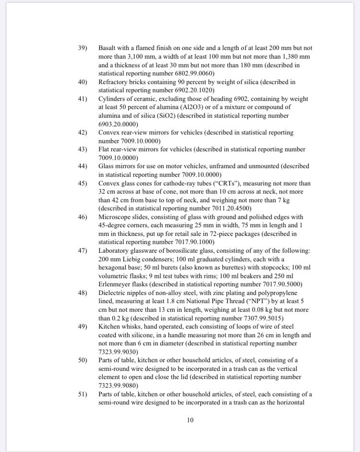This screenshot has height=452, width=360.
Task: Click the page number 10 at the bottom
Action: tap(190, 420)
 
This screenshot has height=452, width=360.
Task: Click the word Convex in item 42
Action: tap(110, 132)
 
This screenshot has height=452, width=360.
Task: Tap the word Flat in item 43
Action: tap(105, 149)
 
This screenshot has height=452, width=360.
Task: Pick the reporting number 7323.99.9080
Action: tap(117, 385)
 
